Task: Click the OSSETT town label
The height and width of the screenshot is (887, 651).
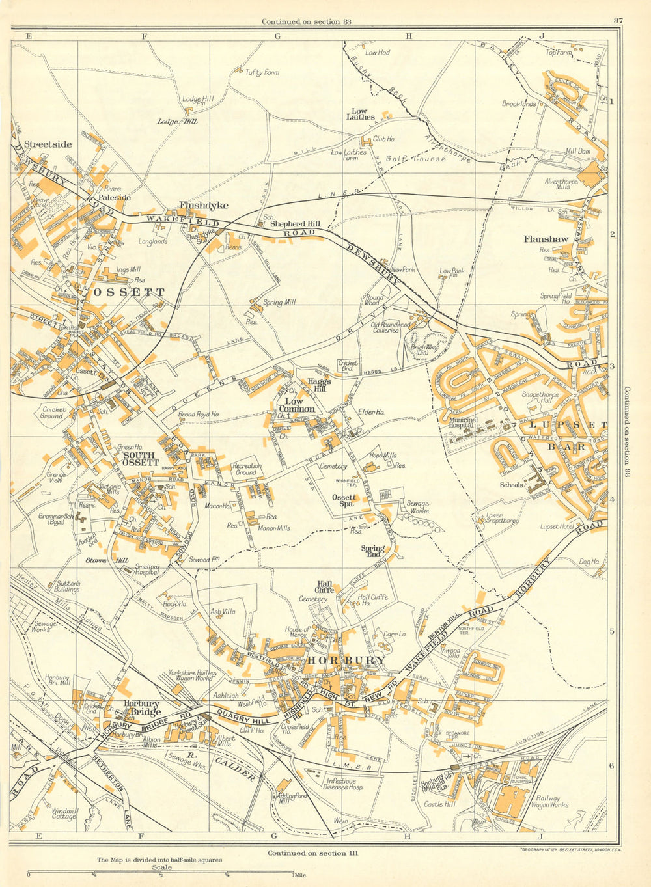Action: click(x=130, y=292)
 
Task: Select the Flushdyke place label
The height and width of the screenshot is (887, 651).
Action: click(x=204, y=205)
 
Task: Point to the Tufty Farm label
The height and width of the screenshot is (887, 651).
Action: click(x=262, y=72)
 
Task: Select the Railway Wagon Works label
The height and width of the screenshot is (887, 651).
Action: click(x=551, y=801)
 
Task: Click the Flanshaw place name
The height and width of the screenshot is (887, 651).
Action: click(x=546, y=239)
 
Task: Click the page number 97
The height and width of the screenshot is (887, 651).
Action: click(x=618, y=21)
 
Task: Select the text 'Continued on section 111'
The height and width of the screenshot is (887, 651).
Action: click(x=312, y=852)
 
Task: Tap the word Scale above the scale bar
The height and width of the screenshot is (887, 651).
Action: click(x=161, y=867)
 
